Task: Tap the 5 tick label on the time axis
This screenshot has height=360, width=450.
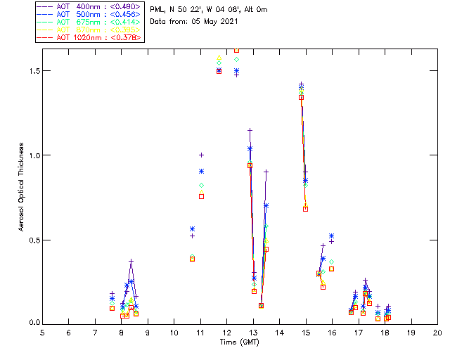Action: point(42,332)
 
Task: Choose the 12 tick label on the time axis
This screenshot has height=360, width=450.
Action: point(227,332)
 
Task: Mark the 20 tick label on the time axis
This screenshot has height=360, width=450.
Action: point(437,332)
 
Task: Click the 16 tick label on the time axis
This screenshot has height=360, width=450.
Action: point(332,332)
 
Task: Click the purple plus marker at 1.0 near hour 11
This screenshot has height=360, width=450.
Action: point(201,155)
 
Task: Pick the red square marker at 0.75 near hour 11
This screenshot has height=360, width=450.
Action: point(201,196)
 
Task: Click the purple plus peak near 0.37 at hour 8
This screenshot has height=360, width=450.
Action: point(131,262)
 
